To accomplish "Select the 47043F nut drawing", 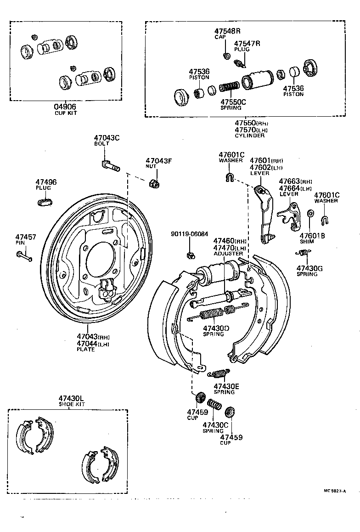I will [155, 184].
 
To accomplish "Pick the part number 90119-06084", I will [189, 234].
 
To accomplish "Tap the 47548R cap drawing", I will [225, 56].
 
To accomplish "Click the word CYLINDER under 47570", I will [250, 136].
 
